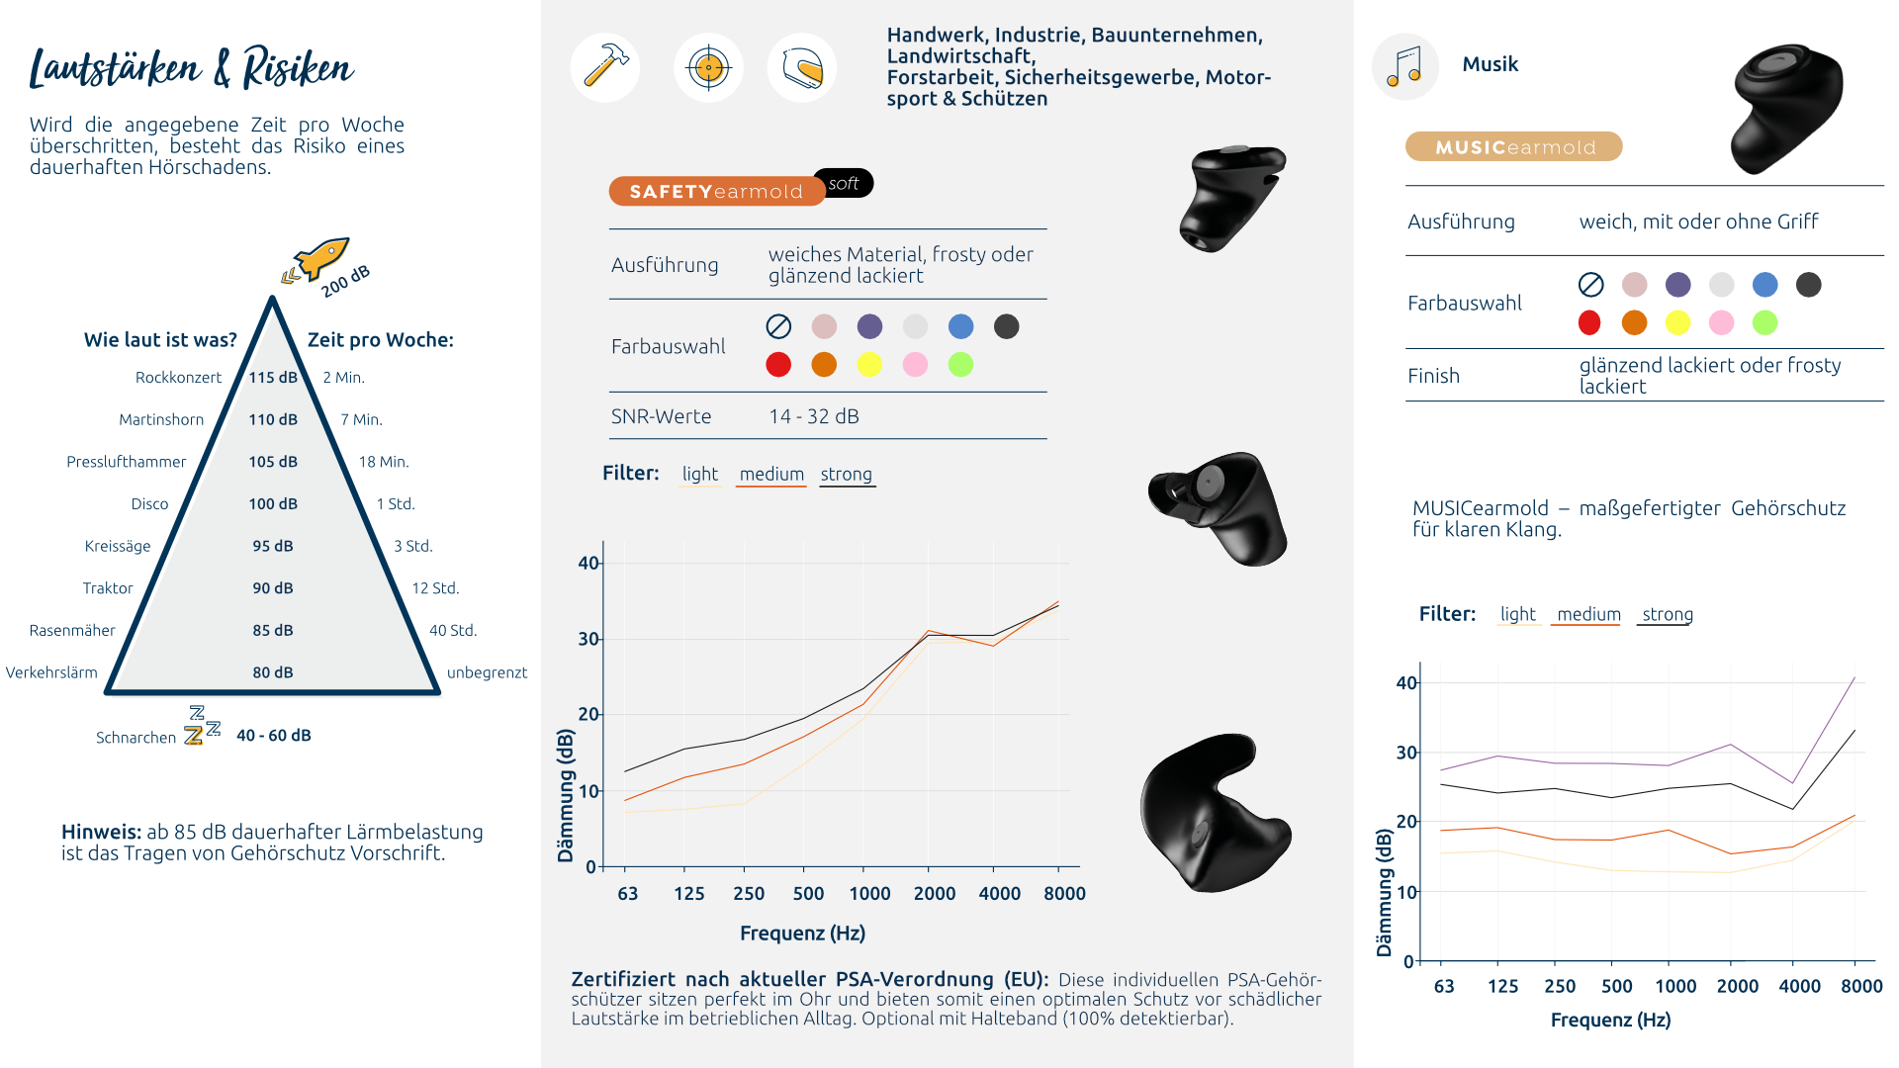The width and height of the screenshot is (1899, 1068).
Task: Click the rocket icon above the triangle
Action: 318,259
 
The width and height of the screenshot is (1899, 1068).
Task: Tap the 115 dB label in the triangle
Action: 273,377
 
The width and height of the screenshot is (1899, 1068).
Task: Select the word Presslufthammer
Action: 126,462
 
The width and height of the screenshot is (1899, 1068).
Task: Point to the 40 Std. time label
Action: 453,630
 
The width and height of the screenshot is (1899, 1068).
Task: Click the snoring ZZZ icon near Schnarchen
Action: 202,726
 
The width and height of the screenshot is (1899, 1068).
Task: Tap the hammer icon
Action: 605,67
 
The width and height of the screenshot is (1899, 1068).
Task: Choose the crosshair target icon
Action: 708,67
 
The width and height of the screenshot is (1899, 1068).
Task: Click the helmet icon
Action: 802,67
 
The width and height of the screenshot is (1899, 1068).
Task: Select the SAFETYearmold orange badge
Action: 716,191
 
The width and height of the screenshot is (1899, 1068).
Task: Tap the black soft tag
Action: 844,183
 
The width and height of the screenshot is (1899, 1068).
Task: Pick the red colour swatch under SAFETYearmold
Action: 778,365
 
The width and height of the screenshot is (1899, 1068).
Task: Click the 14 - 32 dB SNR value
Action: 814,416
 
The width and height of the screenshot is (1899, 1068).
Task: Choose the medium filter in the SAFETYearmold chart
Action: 771,475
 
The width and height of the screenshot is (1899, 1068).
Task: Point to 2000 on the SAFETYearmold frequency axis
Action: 934,894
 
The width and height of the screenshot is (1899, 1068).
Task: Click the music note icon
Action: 1404,66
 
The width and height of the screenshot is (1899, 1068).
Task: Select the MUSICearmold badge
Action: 1514,147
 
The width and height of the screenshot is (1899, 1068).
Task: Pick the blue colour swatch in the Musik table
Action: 1764,285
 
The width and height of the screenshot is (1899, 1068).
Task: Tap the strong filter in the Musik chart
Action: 1668,614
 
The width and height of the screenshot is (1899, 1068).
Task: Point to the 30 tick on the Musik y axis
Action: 1405,753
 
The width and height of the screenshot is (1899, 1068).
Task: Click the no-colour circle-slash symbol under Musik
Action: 1590,285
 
